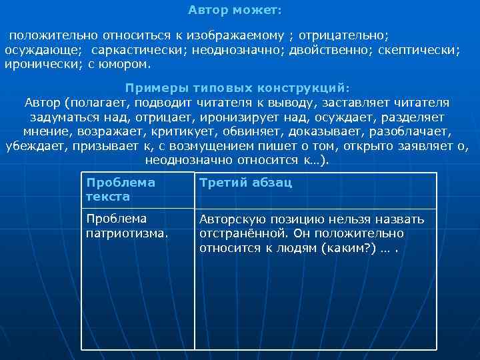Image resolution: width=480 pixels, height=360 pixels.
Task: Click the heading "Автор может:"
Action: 235,11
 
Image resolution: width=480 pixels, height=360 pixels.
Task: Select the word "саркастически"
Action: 135,50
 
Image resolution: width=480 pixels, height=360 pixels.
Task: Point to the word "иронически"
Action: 42,65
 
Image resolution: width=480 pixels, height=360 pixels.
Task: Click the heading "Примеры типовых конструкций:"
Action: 237,88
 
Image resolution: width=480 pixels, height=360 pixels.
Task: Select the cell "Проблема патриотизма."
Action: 127,225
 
